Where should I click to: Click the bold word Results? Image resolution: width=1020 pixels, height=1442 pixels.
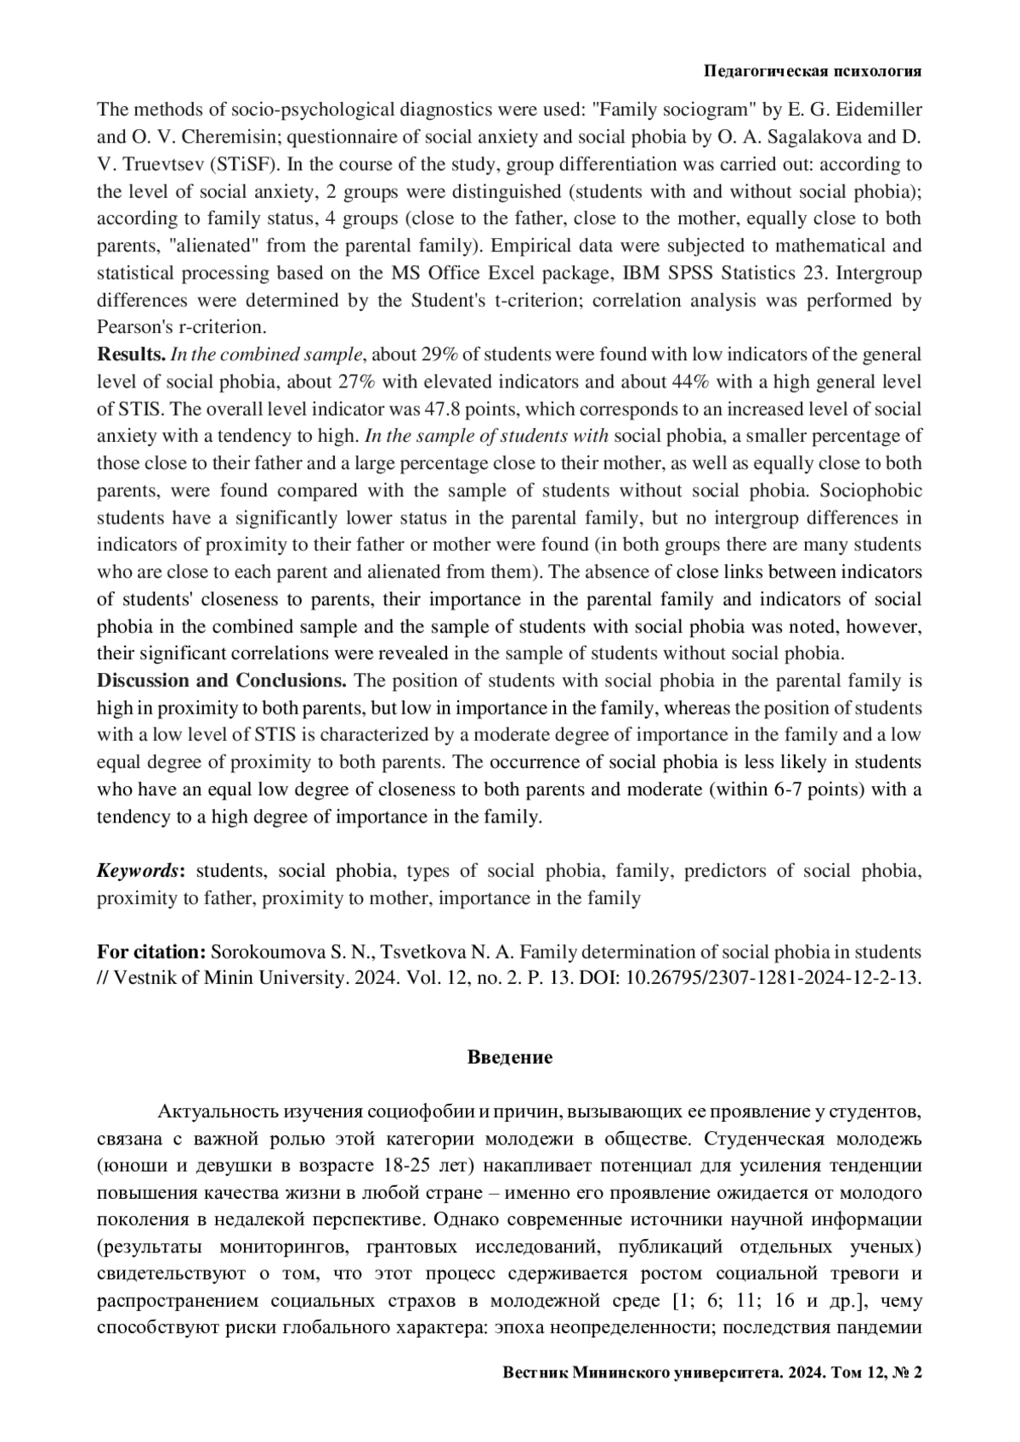pos(131,354)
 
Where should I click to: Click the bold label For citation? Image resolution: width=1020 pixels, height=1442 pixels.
pos(151,952)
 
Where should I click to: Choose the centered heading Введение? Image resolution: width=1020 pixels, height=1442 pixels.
pos(510,1058)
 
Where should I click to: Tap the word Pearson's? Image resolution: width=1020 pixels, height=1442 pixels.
pos(132,327)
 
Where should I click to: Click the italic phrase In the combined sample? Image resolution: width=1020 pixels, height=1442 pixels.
pos(269,354)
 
